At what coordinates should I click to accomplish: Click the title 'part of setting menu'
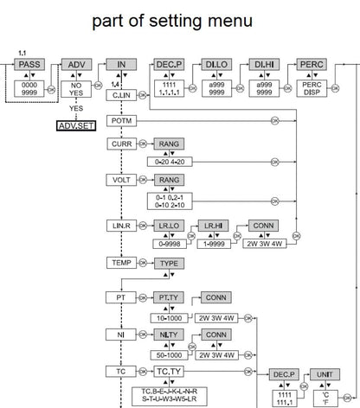coord(181,19)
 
